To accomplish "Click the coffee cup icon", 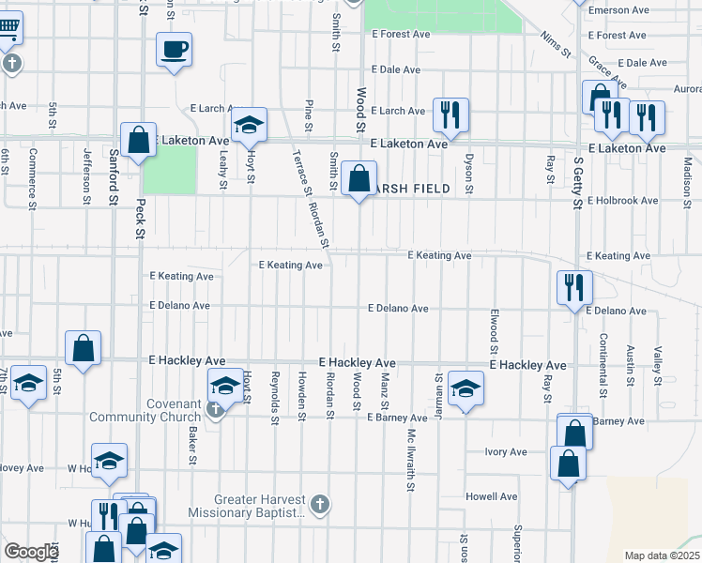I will tap(175, 50).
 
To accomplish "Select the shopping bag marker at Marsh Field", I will tap(359, 176).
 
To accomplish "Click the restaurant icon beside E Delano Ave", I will tap(573, 287).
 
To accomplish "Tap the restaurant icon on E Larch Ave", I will tap(450, 115).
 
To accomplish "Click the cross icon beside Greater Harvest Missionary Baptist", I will tap(319, 505).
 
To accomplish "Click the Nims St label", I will tap(556, 43).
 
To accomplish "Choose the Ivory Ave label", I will tap(506, 452).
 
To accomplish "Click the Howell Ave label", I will tap(491, 496).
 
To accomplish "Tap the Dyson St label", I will tap(468, 169).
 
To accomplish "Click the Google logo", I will tap(30, 552).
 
